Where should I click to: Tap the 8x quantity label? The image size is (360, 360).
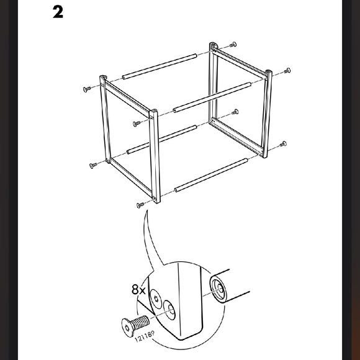tap(138, 289)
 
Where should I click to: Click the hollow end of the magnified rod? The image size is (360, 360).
tap(218, 288)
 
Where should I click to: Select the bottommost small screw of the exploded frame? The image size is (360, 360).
tap(140, 204)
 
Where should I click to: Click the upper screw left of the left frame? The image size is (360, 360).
tap(86, 89)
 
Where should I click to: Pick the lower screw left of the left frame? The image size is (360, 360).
tap(93, 166)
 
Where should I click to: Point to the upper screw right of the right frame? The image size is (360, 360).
tap(287, 70)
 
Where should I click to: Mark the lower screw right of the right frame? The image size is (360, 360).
tap(282, 143)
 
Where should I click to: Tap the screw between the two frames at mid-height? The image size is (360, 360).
tap(235, 112)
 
